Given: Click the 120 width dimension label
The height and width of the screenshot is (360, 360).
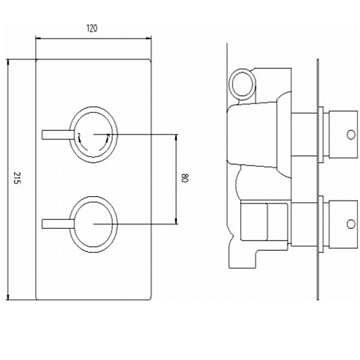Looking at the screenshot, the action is point(92,28).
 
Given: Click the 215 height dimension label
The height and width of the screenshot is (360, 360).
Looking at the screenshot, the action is point(17,178).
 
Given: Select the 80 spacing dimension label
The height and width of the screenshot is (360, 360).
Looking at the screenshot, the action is point(185,178).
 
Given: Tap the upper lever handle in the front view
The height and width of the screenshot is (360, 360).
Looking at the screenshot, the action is point(58,134).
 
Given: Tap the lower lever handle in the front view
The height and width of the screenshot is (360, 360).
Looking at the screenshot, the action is point(58,224).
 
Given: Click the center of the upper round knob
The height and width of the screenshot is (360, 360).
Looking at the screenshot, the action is point(94,134).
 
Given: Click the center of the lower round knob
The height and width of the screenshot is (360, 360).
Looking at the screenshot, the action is point(94,224).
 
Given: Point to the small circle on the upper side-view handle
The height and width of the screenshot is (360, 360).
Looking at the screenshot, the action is point(351,135).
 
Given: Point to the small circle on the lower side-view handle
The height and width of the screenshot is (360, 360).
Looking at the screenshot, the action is point(351,224).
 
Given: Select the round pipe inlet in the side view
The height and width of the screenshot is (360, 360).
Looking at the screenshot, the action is point(242,84).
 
